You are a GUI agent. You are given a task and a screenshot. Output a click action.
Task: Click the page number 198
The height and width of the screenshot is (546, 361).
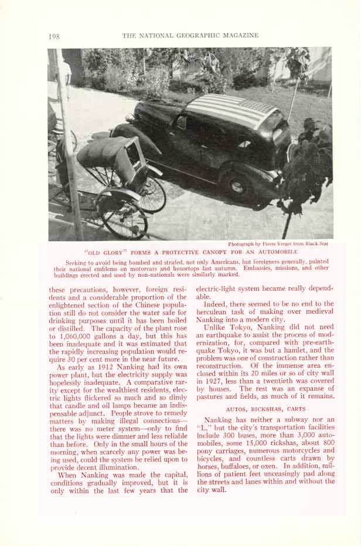point(54,36)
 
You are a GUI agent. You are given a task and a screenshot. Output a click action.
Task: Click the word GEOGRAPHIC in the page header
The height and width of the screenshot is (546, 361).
point(192,35)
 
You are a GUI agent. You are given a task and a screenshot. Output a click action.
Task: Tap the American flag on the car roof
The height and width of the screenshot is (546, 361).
point(231,111)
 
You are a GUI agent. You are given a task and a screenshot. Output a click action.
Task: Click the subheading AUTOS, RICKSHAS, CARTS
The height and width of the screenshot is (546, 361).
point(265,409)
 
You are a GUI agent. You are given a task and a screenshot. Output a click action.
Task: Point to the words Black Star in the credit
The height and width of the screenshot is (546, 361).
point(319,243)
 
